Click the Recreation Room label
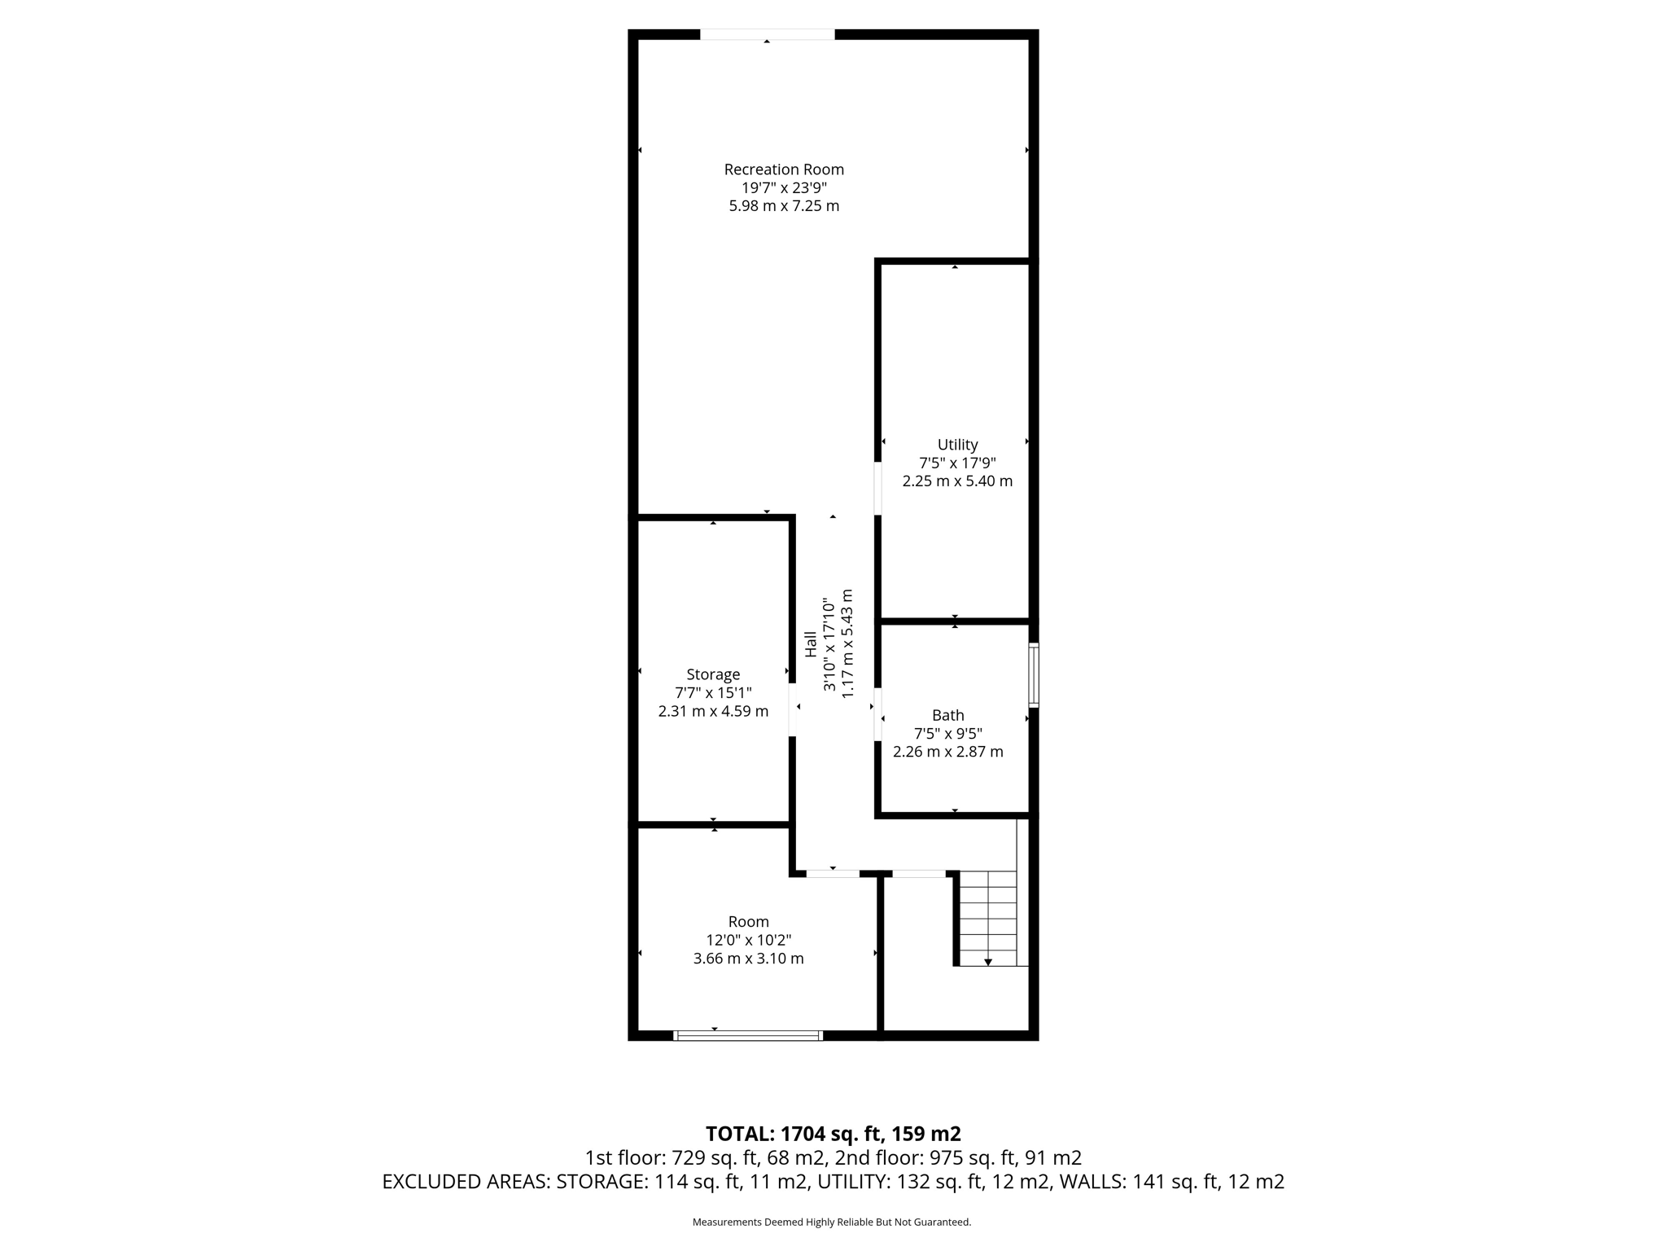[x=784, y=169]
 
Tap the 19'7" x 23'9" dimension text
[x=784, y=187]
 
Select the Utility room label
[x=957, y=445]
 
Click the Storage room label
[x=713, y=674]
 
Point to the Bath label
[x=947, y=715]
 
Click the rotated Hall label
[x=811, y=644]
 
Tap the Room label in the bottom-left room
[x=748, y=922]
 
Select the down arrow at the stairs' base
[x=988, y=963]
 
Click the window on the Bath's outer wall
[x=1034, y=674]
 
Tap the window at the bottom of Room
[x=748, y=1035]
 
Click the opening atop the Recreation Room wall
[x=767, y=34]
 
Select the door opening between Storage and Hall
[x=792, y=709]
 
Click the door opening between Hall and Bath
[x=877, y=714]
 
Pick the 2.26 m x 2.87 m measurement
[x=947, y=752]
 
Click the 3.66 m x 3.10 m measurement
[x=748, y=959]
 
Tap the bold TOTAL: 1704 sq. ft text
[x=833, y=1134]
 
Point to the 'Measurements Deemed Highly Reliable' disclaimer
[x=831, y=1222]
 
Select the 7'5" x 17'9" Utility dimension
[x=957, y=463]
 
